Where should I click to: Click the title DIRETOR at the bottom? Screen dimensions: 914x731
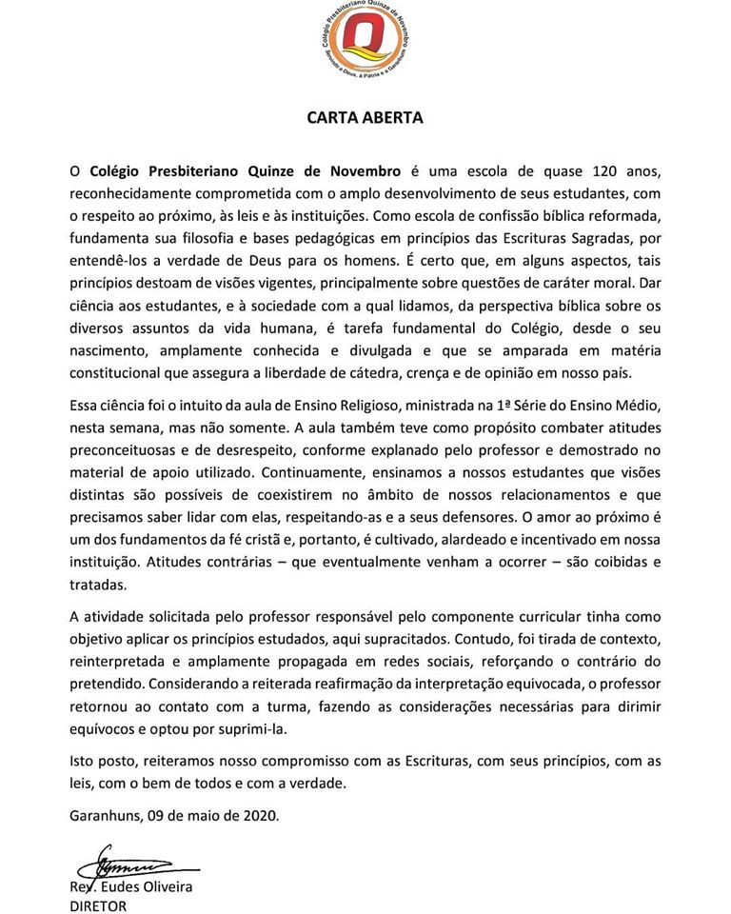point(98,906)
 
